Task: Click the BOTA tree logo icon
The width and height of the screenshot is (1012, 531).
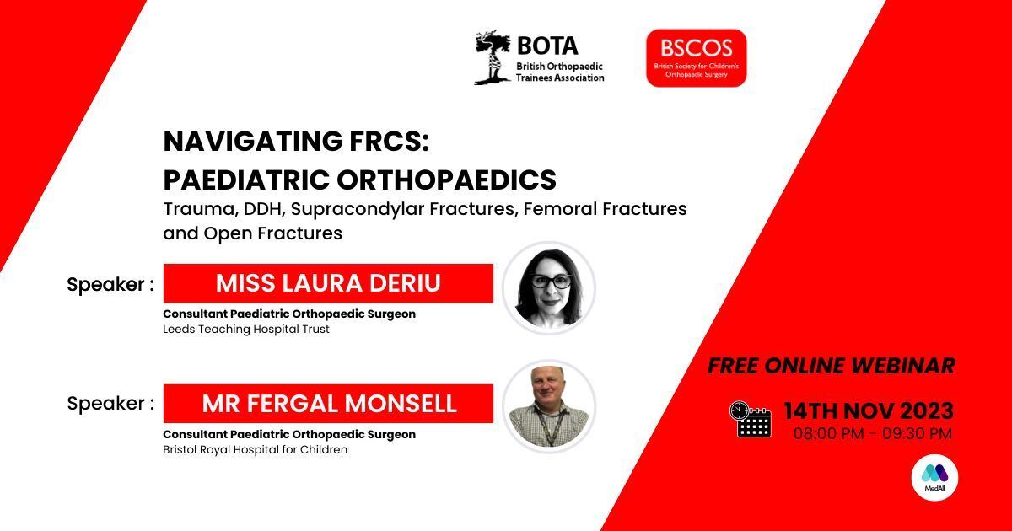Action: click(x=492, y=58)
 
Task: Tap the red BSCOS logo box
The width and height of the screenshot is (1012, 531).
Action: click(x=696, y=57)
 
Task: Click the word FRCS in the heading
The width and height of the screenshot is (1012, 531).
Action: click(x=383, y=142)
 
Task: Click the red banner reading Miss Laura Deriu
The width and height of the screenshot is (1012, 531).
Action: click(x=328, y=283)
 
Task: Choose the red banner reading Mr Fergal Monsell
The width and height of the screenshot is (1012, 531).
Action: click(x=328, y=404)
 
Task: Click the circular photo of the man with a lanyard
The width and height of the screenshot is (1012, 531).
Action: click(x=549, y=407)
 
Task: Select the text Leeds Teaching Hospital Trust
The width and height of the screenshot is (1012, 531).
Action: click(x=246, y=330)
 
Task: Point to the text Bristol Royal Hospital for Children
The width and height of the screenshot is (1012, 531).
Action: click(x=255, y=450)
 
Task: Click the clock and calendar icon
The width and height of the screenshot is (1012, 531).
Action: click(x=750, y=419)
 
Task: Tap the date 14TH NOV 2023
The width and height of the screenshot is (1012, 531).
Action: click(x=869, y=411)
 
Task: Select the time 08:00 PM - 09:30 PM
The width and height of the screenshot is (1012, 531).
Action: click(x=872, y=434)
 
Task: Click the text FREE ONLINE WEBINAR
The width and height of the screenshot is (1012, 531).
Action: click(x=831, y=366)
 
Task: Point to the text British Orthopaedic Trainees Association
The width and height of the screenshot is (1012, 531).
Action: click(x=560, y=72)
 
